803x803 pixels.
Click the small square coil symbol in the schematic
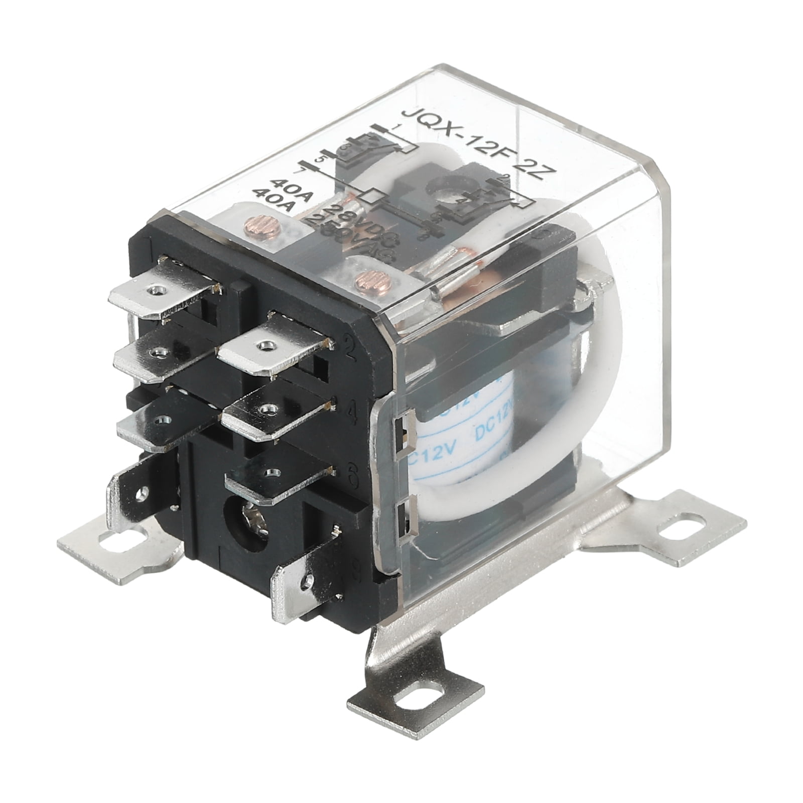[374, 195]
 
